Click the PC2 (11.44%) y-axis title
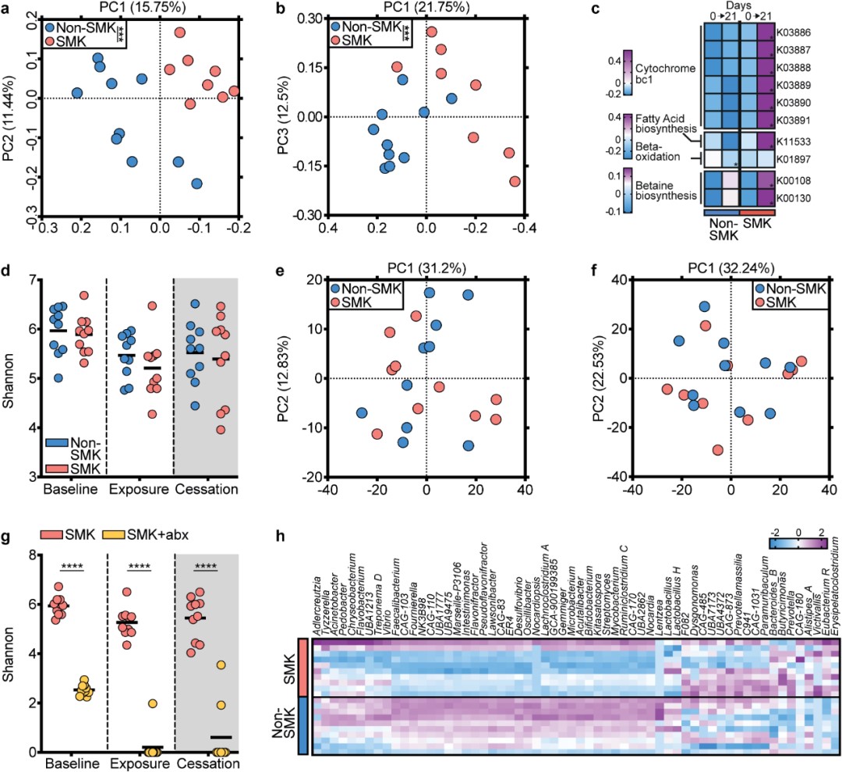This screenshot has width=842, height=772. click(9, 114)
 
